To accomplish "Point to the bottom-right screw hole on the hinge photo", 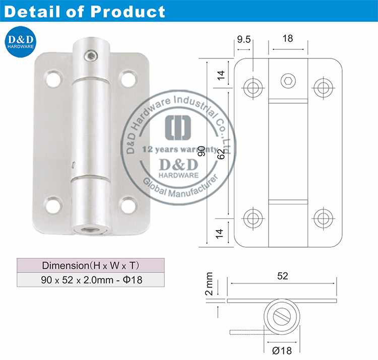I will [x=128, y=203].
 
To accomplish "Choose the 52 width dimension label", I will [x=283, y=275].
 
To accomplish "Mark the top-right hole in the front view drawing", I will [x=323, y=87].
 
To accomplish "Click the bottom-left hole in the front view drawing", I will [x=253, y=218].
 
